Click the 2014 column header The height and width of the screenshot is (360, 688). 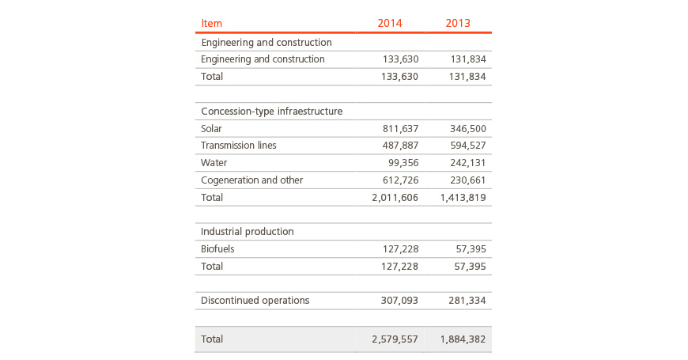(390, 23)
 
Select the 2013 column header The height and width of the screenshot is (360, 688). (458, 23)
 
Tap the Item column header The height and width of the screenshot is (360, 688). (211, 23)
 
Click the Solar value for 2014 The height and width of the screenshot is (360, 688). (400, 129)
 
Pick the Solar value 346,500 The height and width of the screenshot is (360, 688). (467, 129)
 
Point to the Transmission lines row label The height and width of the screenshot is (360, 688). (239, 146)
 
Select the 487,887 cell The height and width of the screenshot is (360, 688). (400, 146)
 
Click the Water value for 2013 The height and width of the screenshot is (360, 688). (467, 163)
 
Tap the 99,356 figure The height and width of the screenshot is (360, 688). (403, 163)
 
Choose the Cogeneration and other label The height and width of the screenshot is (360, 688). (251, 180)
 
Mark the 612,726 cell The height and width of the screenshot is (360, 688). (400, 180)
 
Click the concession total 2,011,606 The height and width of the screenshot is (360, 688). (395, 198)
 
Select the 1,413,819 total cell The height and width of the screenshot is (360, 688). (463, 198)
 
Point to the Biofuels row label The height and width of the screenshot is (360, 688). (217, 249)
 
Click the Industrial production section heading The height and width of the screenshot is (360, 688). (247, 231)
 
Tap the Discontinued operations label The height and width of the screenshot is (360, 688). (255, 301)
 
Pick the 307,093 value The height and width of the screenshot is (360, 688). (399, 301)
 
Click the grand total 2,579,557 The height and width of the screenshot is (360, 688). (395, 339)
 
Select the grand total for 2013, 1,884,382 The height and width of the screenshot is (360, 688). (463, 339)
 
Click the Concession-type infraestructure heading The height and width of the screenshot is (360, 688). (271, 111)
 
